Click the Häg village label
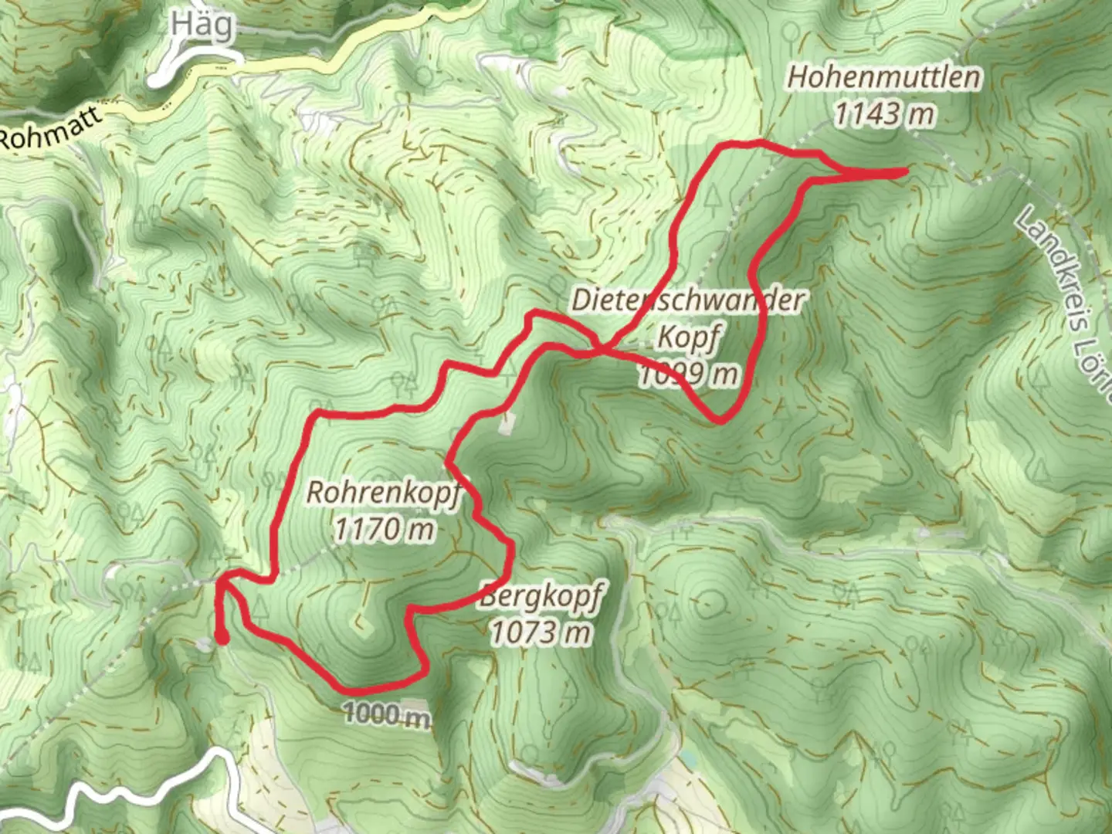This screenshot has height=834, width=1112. pos(201,25)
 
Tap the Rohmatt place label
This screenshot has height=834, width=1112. pos(51,128)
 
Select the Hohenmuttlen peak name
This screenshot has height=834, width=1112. pos(884,77)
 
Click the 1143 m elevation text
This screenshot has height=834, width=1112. pos(884,114)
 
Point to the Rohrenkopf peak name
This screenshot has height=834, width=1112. pos(383,492)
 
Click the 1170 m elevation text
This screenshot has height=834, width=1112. pos(384,529)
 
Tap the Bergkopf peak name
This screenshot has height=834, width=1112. pos(541,596)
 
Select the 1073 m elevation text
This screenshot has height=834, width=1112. pos(541,632)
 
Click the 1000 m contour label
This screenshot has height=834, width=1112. pos(386,714)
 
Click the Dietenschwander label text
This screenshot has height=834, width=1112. pos(687,300)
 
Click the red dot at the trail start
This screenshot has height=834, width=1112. pos(222,638)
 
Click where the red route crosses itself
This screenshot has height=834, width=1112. pos(602,351)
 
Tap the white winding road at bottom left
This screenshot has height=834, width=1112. pos(116,795)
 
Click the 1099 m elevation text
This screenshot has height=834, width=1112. pos(687,374)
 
